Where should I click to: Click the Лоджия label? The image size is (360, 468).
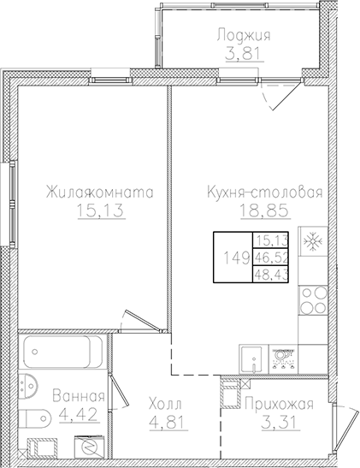pyautogui.click(x=244, y=35)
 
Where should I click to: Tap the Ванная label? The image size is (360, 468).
pyautogui.click(x=78, y=397)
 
